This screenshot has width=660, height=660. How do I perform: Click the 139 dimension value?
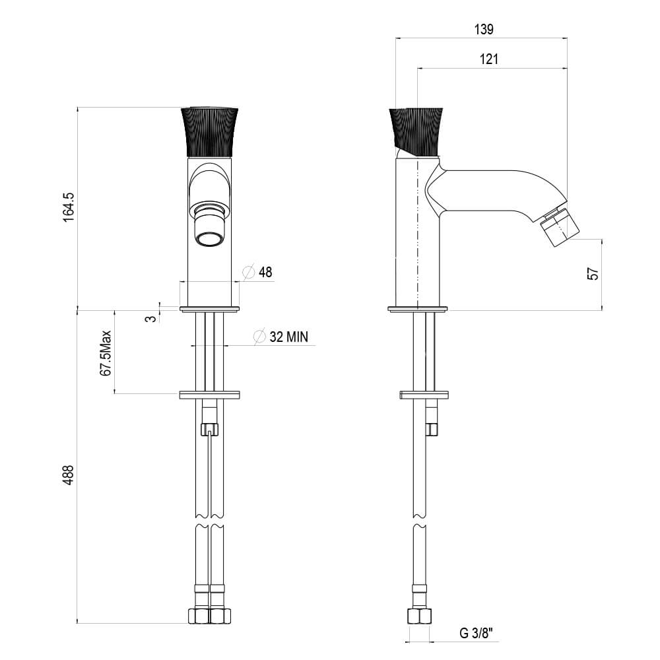(x=484, y=29)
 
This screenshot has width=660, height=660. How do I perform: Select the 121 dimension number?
(x=488, y=59)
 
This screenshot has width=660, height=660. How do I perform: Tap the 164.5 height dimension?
(x=68, y=207)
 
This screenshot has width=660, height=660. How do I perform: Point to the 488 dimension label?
(x=68, y=475)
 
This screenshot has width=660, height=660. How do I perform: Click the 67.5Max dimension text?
(x=106, y=352)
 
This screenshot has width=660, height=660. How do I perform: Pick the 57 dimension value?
(x=593, y=274)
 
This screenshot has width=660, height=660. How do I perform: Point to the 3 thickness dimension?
(x=150, y=319)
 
